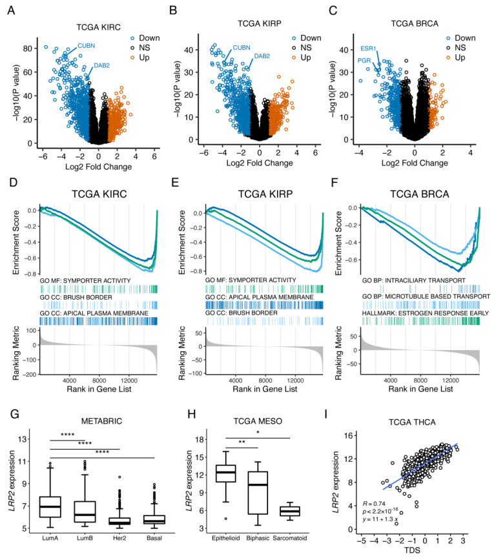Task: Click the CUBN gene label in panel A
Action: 87,45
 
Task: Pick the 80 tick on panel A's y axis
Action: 30,48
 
